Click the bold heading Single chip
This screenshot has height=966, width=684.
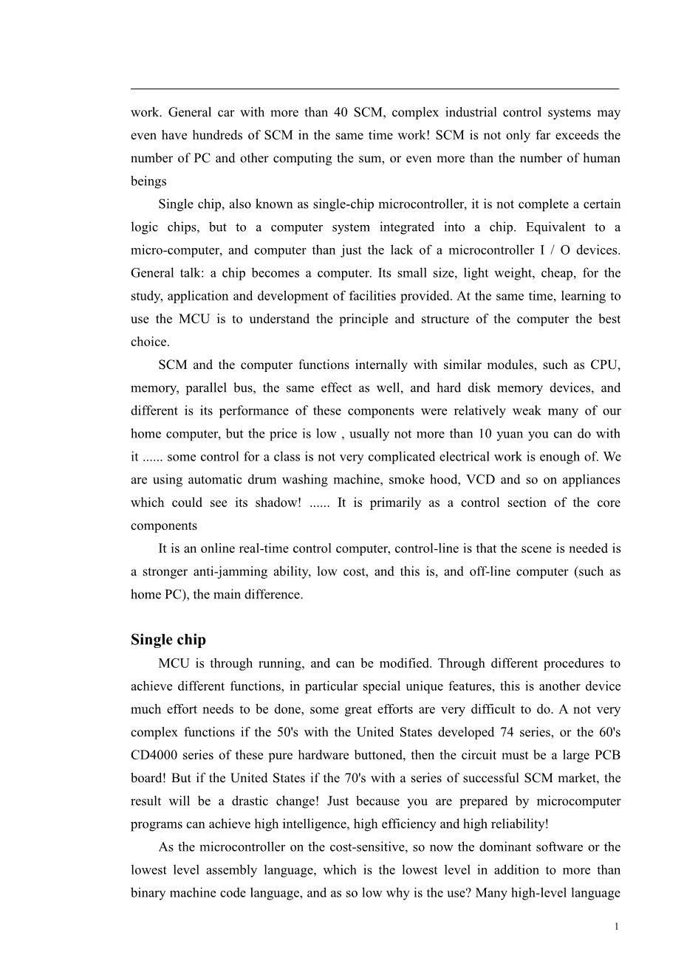click(x=168, y=640)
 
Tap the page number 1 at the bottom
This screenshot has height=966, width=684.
click(x=617, y=927)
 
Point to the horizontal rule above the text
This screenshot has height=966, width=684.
click(x=375, y=89)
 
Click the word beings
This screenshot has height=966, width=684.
click(x=148, y=182)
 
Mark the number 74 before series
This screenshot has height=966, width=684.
click(x=524, y=732)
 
